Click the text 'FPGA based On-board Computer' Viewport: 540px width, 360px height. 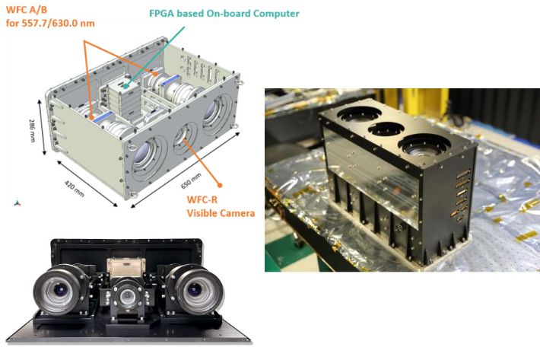coord(224,14)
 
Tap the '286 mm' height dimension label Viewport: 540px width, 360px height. coord(32,131)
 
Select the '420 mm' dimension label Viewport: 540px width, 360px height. coord(74,189)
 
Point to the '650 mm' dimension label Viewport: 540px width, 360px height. coord(191,181)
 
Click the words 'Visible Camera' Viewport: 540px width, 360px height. coord(221,213)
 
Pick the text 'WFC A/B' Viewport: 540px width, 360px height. coord(27,10)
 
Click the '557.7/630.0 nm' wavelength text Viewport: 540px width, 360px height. coord(59,24)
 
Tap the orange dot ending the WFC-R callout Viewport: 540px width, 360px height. coord(220,185)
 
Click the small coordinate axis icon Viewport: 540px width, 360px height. coord(17,203)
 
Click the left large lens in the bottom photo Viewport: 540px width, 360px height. coord(61,290)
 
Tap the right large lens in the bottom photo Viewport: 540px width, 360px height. coord(195,288)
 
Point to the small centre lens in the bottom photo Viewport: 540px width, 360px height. coord(128,296)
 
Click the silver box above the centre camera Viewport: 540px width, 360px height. coord(126,267)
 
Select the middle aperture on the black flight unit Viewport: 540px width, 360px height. coord(386,129)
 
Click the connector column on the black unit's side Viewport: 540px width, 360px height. coord(462,194)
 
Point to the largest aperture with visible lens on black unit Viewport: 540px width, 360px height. coord(424,145)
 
